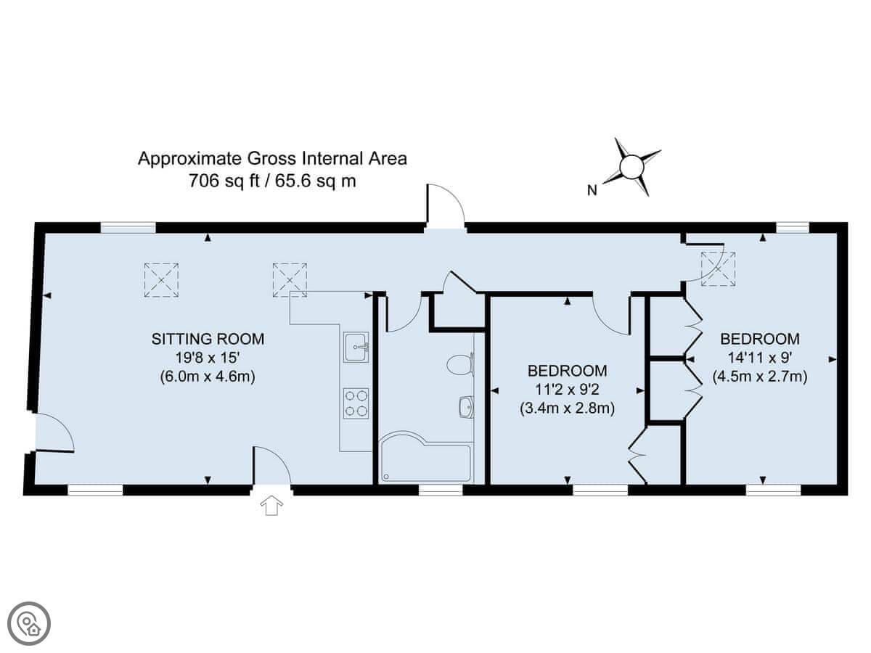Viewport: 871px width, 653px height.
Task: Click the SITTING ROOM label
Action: click(208, 339)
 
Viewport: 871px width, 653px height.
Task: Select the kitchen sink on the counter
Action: click(356, 348)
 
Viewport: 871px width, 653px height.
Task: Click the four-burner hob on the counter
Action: click(356, 403)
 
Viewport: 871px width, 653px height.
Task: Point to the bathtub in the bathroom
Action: click(425, 458)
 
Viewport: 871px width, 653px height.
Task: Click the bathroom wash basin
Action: click(466, 407)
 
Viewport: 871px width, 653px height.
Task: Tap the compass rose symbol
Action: click(631, 167)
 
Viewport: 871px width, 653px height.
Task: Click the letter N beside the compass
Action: click(592, 191)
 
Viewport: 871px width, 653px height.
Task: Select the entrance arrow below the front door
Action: click(271, 506)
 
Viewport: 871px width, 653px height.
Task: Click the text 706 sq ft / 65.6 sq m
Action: click(272, 181)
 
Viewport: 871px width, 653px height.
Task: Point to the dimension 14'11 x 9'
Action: click(760, 358)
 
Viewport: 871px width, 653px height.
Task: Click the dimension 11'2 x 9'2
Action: click(567, 390)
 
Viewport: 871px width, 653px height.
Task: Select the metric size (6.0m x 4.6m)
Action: click(208, 377)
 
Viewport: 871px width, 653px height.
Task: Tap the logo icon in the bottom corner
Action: click(29, 624)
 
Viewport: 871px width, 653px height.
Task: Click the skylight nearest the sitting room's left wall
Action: click(161, 280)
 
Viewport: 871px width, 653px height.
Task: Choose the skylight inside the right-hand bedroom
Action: click(718, 268)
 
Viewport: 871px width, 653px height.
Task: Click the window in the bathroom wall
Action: click(441, 490)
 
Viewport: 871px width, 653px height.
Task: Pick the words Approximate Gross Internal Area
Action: click(272, 159)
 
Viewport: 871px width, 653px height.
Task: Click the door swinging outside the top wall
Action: click(445, 206)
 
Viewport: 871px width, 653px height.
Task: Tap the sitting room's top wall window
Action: click(128, 227)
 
